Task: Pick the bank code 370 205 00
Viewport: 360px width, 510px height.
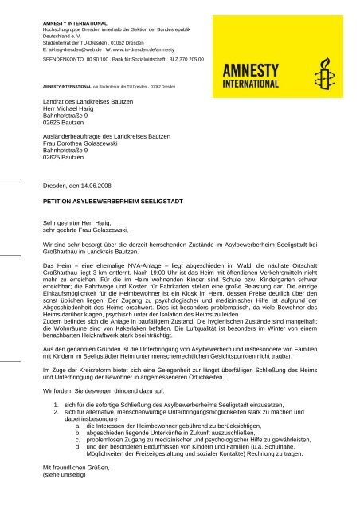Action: click(187, 59)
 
